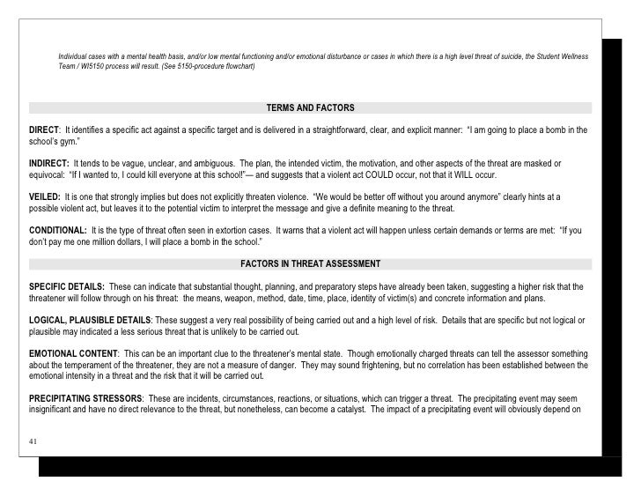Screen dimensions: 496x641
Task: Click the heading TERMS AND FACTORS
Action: coord(310,108)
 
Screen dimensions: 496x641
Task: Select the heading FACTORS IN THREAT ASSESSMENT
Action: coord(310,263)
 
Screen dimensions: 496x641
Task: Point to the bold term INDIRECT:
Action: coord(49,164)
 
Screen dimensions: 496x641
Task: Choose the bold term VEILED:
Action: coord(45,196)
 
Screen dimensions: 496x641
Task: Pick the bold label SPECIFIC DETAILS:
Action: coord(67,287)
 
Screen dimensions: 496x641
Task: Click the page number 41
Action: coord(34,441)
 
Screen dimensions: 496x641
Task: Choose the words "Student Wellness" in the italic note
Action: coord(560,57)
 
